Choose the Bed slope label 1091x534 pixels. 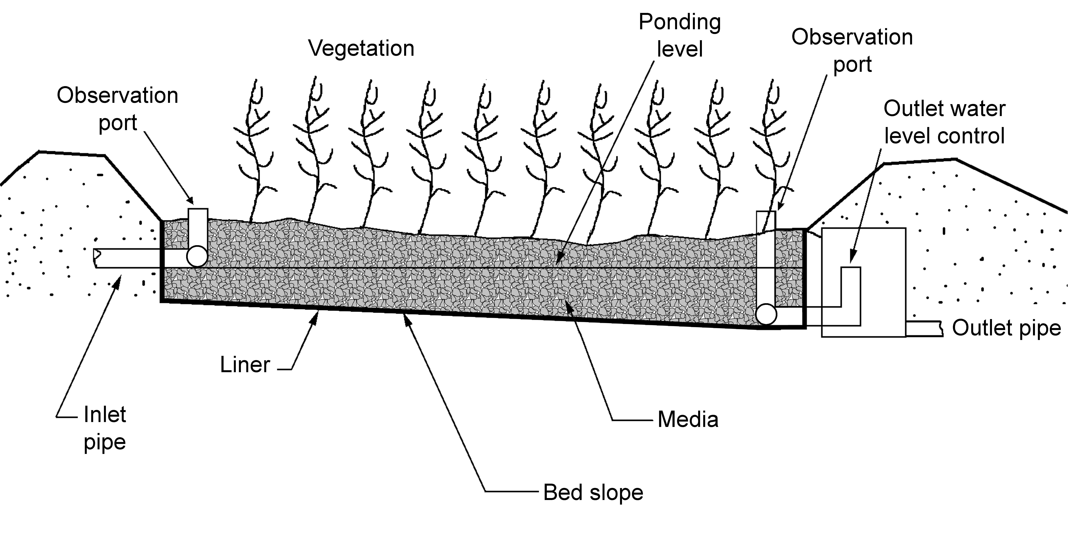(x=593, y=492)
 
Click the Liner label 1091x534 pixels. (x=245, y=365)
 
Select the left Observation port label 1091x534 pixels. (x=117, y=109)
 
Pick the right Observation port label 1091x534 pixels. (x=852, y=51)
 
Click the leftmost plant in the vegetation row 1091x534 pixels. (x=254, y=153)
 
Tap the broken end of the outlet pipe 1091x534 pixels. (x=941, y=329)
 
